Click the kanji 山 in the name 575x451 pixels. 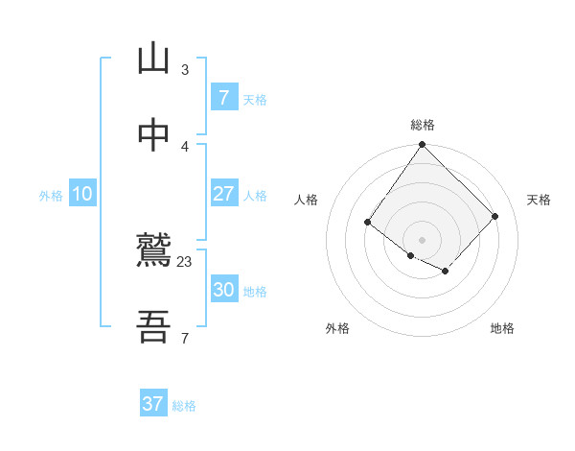point(153,59)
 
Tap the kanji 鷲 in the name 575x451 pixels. point(153,251)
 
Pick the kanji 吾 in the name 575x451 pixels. point(153,327)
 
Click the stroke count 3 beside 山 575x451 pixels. point(185,70)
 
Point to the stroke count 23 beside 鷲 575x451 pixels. point(185,262)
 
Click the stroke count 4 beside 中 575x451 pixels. point(185,146)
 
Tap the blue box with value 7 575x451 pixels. point(223,98)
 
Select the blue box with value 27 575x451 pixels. point(223,194)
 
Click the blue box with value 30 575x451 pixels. point(223,290)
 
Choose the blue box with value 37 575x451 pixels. point(153,404)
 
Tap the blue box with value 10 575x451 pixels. point(82,194)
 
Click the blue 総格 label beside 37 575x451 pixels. point(184,406)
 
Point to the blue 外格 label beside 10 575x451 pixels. point(51,196)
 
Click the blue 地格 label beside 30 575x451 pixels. point(255,292)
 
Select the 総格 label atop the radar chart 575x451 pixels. point(422,125)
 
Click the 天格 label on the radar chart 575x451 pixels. point(539,200)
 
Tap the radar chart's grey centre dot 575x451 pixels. point(422,239)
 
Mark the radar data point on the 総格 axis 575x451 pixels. point(422,146)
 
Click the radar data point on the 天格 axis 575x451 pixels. point(494,216)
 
